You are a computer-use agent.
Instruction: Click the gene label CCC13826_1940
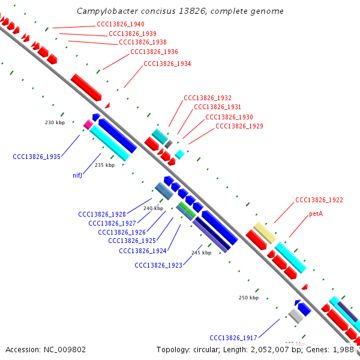[x=120, y=25]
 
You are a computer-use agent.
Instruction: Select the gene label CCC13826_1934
[x=167, y=64]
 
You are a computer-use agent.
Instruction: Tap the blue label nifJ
[x=77, y=176]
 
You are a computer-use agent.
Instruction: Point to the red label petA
[x=316, y=214]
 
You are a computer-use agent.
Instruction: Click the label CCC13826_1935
[x=37, y=157]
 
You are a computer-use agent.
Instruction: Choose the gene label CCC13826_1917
[x=233, y=337]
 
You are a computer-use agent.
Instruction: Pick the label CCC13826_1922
[x=319, y=200]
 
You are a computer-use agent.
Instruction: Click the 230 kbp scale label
[x=55, y=122]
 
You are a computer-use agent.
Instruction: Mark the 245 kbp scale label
[x=201, y=253]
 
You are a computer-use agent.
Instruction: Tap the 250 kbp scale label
[x=248, y=298]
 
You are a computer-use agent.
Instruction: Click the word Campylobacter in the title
[x=106, y=11]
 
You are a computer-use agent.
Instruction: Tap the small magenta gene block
[x=88, y=125]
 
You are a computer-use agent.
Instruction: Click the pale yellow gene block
[x=264, y=232]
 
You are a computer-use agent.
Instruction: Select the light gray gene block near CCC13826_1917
[x=296, y=315]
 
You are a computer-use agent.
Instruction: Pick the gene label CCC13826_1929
[x=239, y=126]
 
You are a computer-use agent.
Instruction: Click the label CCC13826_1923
[x=158, y=265]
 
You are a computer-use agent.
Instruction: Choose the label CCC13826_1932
[x=208, y=98]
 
